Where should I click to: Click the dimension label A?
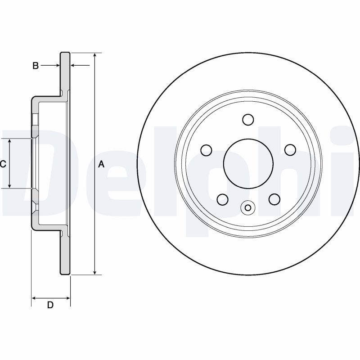click(101, 164)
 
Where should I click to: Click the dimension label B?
click(36, 66)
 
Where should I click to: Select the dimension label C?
click(3, 164)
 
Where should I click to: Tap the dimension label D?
click(50, 305)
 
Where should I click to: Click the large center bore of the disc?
click(248, 162)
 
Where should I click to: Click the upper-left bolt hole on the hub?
click(206, 149)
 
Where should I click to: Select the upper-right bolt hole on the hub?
click(290, 149)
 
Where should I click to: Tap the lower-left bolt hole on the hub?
click(222, 198)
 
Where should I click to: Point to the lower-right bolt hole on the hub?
click(274, 198)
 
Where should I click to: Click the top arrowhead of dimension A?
click(94, 55)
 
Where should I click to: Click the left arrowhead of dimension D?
click(34, 297)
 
